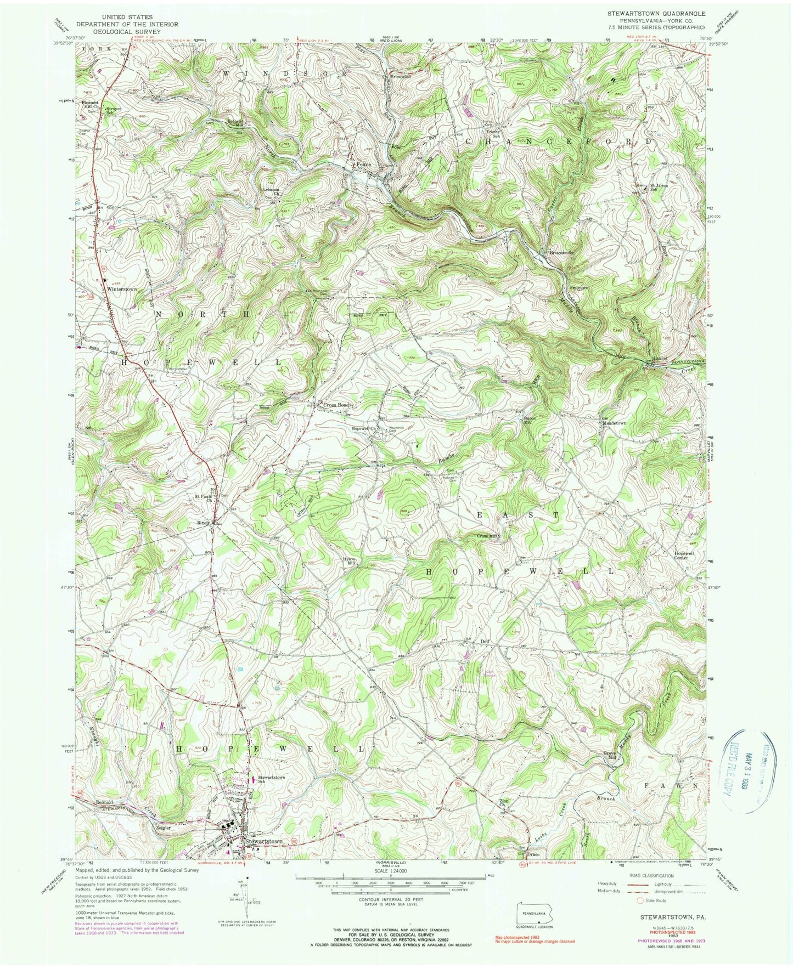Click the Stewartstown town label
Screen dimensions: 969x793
click(x=264, y=841)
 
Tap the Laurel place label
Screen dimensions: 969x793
click(x=660, y=358)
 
